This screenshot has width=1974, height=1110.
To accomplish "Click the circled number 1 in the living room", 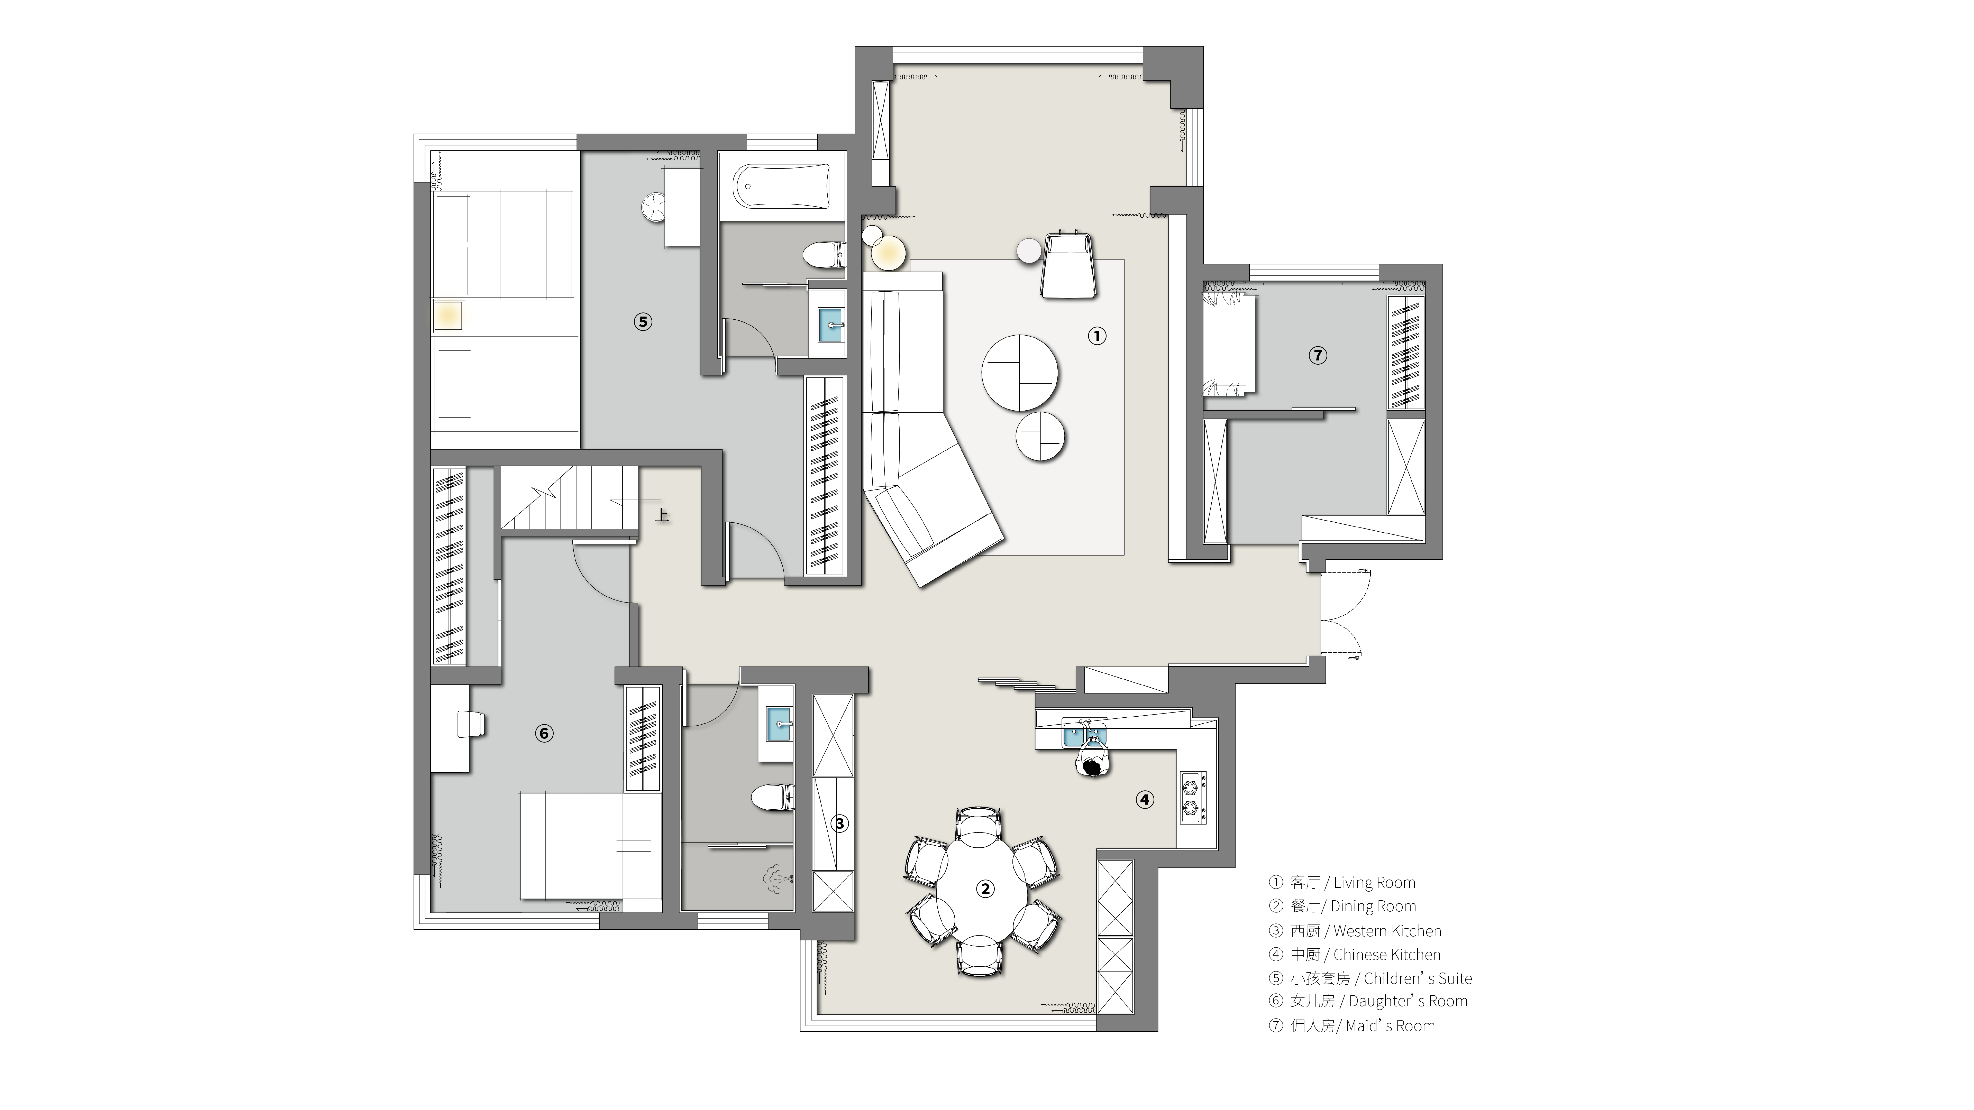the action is [1097, 336].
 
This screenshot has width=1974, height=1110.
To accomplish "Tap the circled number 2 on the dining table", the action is [985, 889].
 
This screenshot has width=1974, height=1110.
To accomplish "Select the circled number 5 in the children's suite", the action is [643, 322].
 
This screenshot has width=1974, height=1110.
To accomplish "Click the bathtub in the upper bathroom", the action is [782, 185].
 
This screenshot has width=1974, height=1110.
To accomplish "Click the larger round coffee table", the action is [1020, 373].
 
